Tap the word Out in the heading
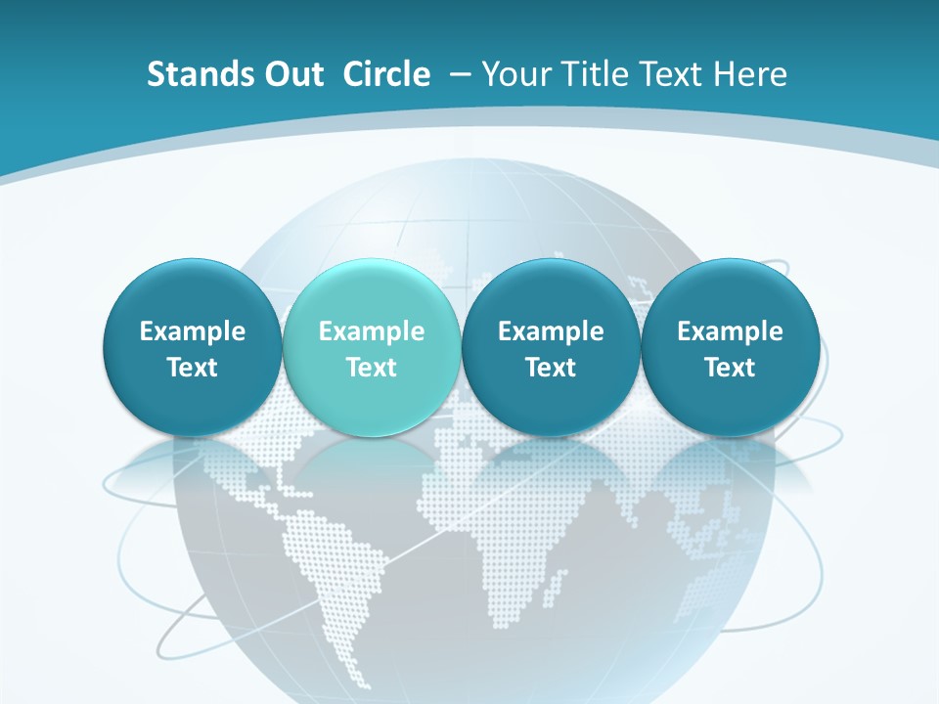click(x=291, y=74)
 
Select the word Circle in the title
click(x=386, y=74)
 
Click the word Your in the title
click(x=514, y=74)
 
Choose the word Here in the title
click(x=751, y=74)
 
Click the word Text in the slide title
click(x=672, y=74)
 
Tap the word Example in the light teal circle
click(x=372, y=331)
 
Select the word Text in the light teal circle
click(x=372, y=368)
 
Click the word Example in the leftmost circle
click(x=193, y=331)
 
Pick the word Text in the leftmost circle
click(x=193, y=368)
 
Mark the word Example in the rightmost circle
click(x=730, y=331)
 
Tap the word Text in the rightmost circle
click(x=730, y=368)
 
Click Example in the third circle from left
click(x=551, y=331)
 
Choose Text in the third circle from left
click(x=551, y=368)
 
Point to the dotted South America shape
click(x=328, y=557)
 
